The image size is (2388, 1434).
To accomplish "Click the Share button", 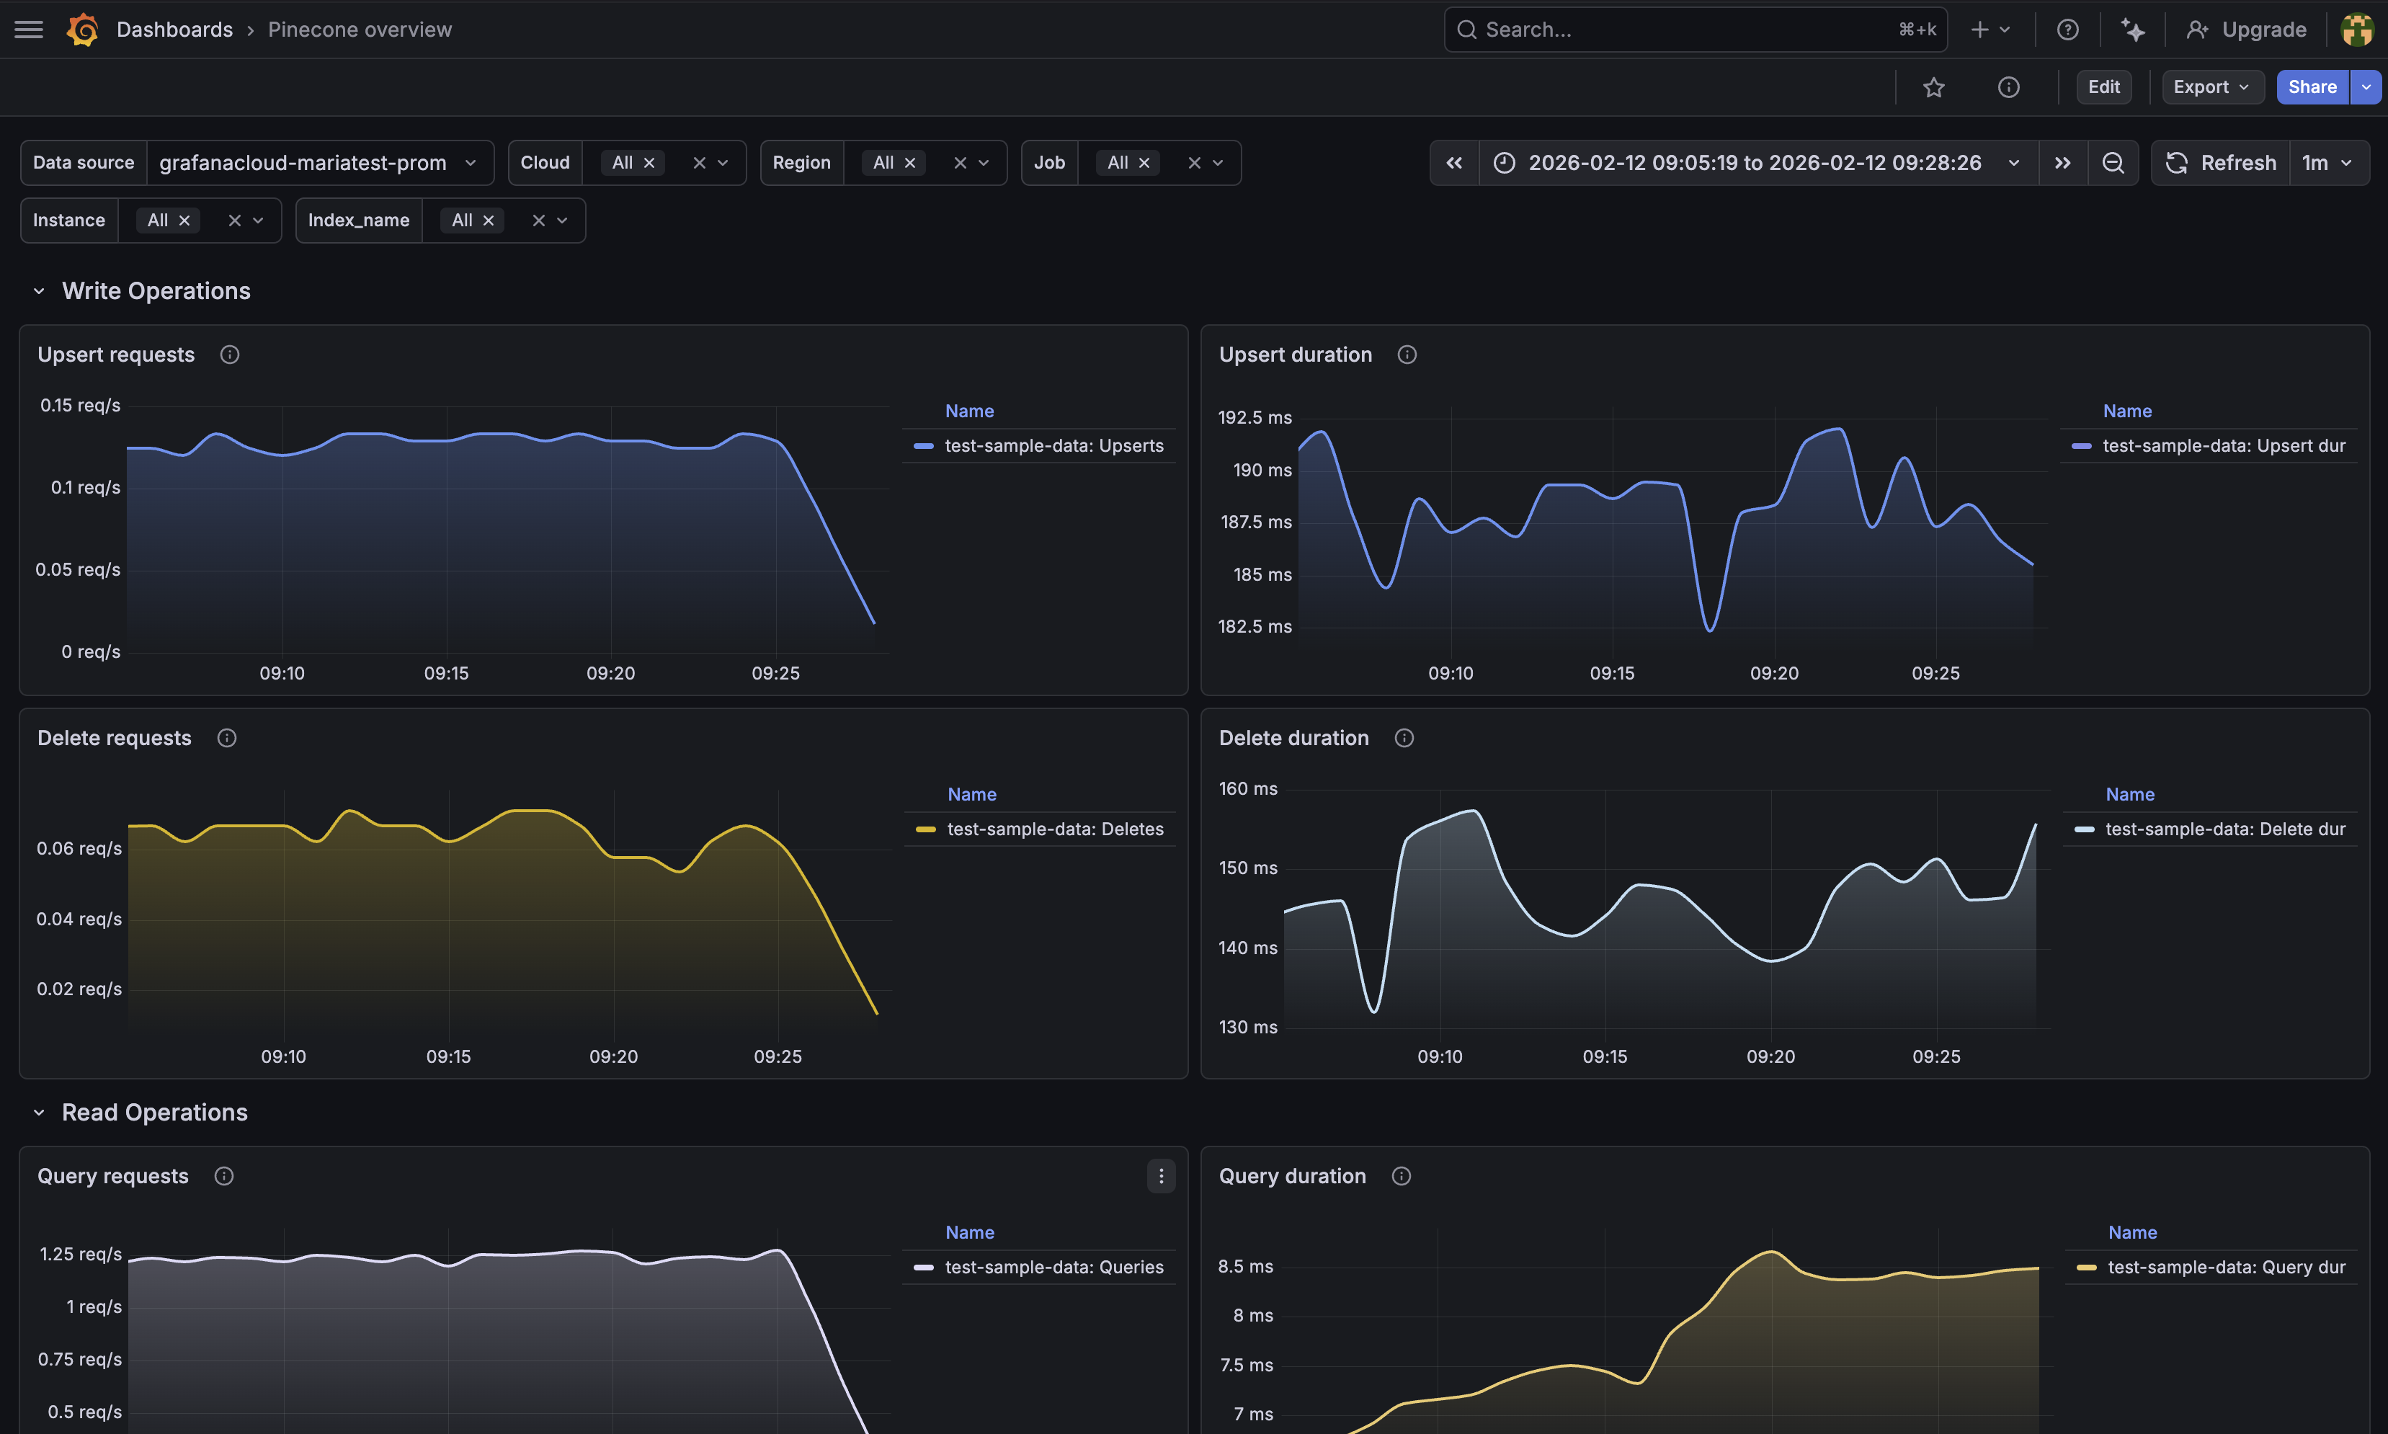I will click(x=2312, y=87).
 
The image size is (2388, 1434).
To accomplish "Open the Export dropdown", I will click(x=2210, y=87).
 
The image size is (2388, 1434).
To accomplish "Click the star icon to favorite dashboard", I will click(x=1933, y=88).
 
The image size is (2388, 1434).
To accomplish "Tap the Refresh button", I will click(x=2221, y=162).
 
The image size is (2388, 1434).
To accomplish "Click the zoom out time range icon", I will click(x=2113, y=162).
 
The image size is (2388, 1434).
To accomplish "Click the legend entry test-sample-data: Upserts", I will click(x=1053, y=445).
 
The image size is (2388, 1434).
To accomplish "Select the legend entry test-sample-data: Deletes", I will click(x=1055, y=829).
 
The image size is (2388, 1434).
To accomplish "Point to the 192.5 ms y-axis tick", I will click(x=1254, y=417).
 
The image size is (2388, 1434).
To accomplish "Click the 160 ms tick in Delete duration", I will click(x=1247, y=788).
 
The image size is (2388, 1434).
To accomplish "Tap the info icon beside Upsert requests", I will click(x=229, y=355).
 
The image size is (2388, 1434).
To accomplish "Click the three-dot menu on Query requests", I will click(x=1160, y=1176).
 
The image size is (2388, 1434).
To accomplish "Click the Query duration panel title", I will click(x=1291, y=1176).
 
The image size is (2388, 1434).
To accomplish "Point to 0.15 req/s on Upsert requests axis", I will click(x=80, y=405).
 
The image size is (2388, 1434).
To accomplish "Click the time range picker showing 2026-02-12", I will click(x=1755, y=162).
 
